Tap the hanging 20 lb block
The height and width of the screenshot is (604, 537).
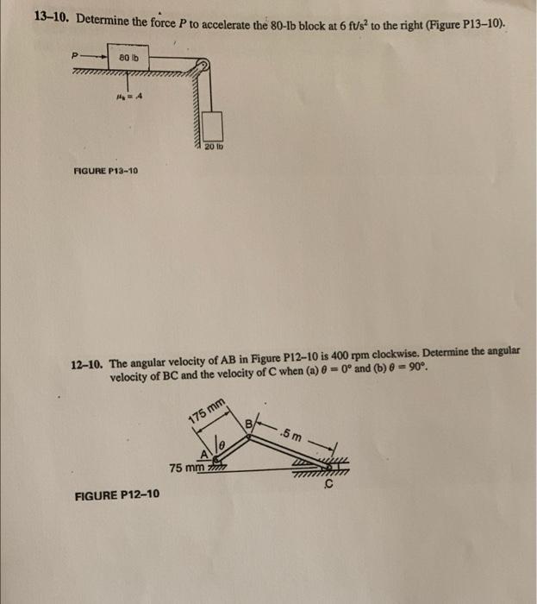[x=211, y=131]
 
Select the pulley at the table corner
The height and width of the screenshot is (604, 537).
[x=203, y=68]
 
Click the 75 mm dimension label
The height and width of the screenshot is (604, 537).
[x=186, y=469]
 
